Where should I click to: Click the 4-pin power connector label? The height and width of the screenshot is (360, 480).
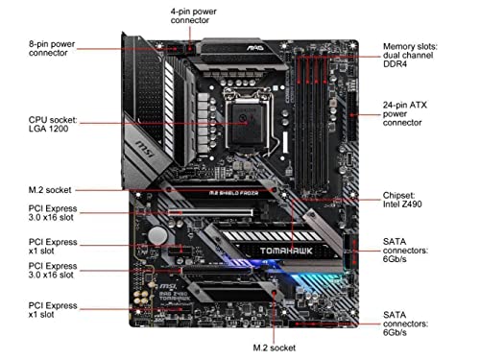[193, 16]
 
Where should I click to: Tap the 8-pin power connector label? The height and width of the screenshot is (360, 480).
[52, 48]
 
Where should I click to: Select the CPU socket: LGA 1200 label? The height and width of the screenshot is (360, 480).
[53, 124]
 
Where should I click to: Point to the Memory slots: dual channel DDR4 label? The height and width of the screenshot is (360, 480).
[410, 55]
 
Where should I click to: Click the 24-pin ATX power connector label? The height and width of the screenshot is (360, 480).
[405, 113]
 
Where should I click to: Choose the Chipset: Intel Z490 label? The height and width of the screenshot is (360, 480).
[402, 200]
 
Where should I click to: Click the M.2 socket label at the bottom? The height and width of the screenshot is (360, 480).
[275, 348]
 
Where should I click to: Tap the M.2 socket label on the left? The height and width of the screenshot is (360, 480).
[50, 190]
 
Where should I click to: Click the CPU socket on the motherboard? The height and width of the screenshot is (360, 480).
[249, 122]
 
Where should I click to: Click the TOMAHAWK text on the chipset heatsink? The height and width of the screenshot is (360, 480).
[286, 251]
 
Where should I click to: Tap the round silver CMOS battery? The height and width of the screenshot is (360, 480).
[157, 236]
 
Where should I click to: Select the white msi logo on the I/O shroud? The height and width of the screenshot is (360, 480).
[146, 149]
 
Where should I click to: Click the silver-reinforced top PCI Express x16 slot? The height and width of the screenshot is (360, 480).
[210, 212]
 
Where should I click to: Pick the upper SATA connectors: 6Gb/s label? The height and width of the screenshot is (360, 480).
[405, 251]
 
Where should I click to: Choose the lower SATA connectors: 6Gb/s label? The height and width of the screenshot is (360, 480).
[405, 324]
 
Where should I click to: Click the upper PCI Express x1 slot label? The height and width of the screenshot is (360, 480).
[53, 247]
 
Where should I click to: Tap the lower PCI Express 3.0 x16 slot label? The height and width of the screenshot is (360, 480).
[53, 271]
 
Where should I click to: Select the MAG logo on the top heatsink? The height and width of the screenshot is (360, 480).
[255, 48]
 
